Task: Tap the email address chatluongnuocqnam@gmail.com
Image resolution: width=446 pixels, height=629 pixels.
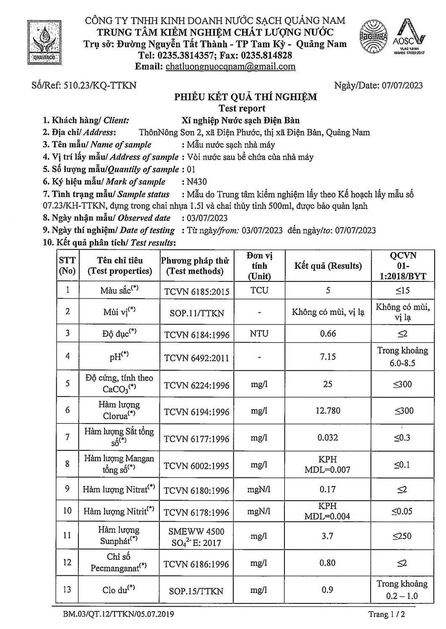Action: [x=230, y=67]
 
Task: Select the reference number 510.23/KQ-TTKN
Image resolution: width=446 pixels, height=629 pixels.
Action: [x=100, y=86]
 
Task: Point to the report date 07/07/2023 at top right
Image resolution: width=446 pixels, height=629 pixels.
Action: [x=402, y=86]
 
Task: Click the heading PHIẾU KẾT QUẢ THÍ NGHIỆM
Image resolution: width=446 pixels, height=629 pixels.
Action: [x=245, y=97]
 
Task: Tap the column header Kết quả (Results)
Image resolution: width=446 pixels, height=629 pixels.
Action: [x=328, y=266]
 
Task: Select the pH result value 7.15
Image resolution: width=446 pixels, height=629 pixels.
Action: [x=328, y=356]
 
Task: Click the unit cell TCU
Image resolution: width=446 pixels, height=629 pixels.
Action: [x=259, y=290]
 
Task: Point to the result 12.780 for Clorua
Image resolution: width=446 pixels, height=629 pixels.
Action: [x=328, y=411]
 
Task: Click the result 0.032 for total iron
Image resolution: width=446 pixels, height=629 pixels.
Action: [x=328, y=437]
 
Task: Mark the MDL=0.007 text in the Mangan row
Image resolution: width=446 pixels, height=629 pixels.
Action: [x=328, y=470]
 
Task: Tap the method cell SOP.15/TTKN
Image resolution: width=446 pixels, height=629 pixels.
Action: [x=196, y=591]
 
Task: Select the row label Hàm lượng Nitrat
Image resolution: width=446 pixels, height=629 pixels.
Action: [x=118, y=489]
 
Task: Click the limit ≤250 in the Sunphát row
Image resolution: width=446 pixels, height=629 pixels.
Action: [x=402, y=536]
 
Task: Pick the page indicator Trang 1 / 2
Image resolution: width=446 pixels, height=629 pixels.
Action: [x=386, y=614]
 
